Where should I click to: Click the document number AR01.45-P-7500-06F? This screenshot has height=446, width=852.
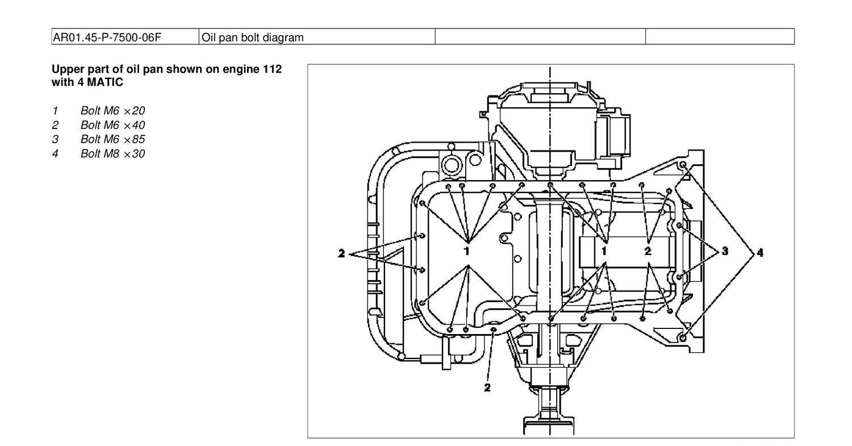click(107, 37)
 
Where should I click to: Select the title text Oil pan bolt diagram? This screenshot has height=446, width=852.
click(253, 37)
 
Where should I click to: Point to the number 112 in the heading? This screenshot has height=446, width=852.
click(272, 69)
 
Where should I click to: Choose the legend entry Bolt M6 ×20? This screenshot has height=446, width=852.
click(112, 110)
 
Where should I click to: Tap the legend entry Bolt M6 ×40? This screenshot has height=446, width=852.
click(112, 124)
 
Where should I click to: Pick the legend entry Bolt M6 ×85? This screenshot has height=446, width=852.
click(112, 139)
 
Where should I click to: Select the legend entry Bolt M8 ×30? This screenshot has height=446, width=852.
click(112, 153)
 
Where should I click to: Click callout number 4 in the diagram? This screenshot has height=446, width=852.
click(759, 252)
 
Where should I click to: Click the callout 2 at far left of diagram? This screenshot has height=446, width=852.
click(341, 253)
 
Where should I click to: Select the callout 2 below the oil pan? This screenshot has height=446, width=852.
click(487, 388)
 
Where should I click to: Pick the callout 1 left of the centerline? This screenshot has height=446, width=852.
click(467, 250)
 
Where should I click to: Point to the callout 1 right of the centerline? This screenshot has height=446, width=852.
click(605, 250)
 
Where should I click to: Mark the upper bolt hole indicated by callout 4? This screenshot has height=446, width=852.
click(683, 165)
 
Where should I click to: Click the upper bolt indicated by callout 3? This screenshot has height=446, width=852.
click(679, 226)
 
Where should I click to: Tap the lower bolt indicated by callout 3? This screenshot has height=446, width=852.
click(679, 277)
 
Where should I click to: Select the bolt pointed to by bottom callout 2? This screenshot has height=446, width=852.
click(493, 328)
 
